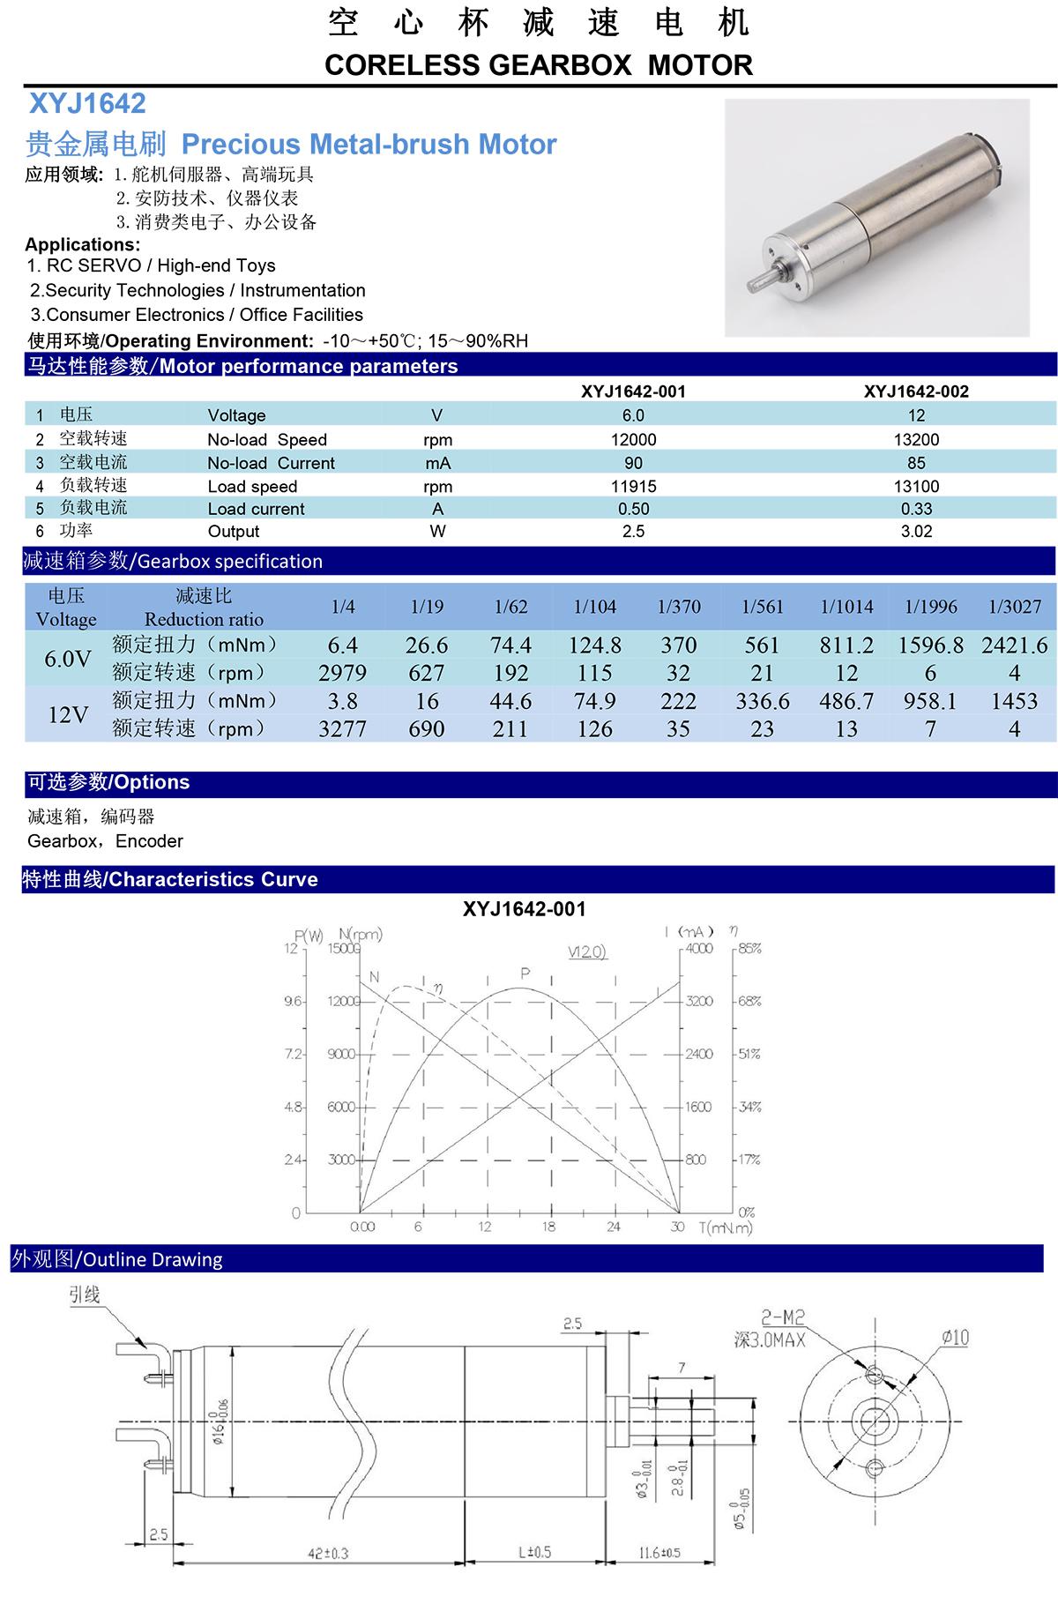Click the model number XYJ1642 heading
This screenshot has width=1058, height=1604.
[87, 104]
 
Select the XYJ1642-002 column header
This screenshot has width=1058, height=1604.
[916, 392]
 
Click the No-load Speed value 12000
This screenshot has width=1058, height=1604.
[633, 439]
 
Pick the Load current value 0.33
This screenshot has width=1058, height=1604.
[916, 509]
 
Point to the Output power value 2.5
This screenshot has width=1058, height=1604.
[633, 531]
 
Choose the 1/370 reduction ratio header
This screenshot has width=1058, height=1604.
[679, 607]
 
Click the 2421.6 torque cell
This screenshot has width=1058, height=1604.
[1014, 645]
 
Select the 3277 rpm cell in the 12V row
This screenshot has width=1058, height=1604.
[342, 729]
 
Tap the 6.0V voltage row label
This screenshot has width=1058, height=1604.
[68, 659]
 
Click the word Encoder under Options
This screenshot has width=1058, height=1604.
[150, 841]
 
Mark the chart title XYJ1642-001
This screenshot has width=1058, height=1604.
[524, 909]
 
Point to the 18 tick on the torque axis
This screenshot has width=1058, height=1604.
[549, 1227]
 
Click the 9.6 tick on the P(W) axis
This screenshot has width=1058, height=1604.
[294, 1002]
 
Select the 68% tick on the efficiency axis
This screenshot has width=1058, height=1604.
[749, 1002]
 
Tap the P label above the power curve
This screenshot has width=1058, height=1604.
[525, 974]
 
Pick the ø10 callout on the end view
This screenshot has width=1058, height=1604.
[955, 1337]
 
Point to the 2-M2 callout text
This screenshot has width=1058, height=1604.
[783, 1318]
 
